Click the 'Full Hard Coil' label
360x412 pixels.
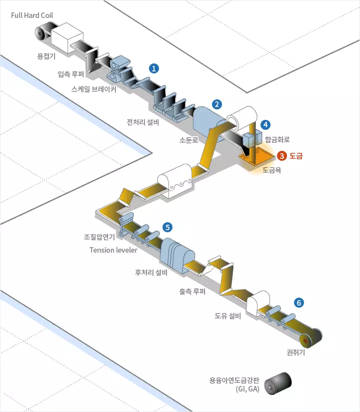pos(32,15)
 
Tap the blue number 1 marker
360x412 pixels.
pos(154,67)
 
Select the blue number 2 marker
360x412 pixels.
pos(216,104)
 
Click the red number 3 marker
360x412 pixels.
pos(282,156)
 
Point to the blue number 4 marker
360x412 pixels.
pos(265,124)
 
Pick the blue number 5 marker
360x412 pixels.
pos(167,227)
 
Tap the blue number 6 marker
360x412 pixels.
pos(299,302)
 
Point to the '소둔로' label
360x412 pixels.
pos(189,140)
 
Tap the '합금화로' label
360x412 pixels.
pos(277,139)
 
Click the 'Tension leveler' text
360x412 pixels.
pos(113,250)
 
